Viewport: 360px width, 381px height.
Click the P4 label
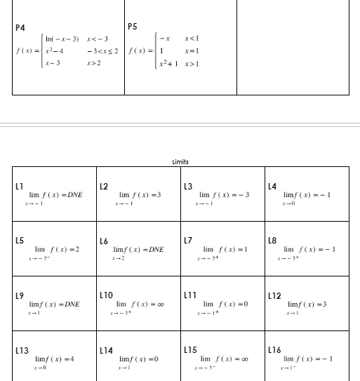[20, 27]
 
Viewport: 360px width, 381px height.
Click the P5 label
[133, 27]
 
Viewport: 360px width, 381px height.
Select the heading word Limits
[180, 161]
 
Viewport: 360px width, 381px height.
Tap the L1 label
[19, 185]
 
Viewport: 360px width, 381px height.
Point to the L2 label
[103, 185]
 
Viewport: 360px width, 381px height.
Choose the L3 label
[187, 185]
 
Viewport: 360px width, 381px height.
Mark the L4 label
[272, 185]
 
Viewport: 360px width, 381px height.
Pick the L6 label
[103, 240]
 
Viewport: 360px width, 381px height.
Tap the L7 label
[187, 240]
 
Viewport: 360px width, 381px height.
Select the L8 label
[272, 240]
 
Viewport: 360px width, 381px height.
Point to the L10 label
[105, 295]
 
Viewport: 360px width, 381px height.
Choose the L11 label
[189, 295]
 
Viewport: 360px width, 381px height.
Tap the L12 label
[273, 295]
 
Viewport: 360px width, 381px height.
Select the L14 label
[105, 349]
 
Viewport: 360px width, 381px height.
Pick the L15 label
[189, 349]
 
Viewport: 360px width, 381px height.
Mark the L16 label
[274, 349]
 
